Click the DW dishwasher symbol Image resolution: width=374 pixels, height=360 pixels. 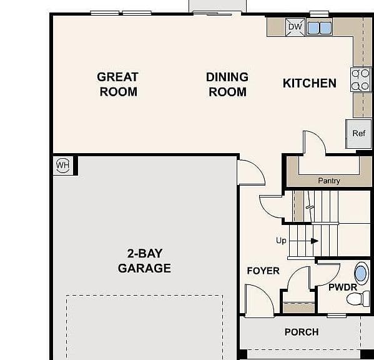point(295,27)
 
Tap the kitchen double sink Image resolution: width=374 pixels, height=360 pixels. point(320,28)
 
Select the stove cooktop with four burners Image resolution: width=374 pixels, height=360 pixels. point(360,79)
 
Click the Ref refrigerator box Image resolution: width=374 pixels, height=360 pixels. point(359,134)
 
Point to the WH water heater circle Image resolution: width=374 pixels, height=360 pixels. point(62,165)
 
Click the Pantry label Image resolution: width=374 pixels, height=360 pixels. point(329,181)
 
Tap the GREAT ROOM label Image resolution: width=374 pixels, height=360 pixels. point(118,84)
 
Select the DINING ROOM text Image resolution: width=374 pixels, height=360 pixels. point(227,84)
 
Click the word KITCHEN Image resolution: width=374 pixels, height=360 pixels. point(310,83)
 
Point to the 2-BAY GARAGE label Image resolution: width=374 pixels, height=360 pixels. point(145,261)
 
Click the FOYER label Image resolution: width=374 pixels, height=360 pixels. point(263,271)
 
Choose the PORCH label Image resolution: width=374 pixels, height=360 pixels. point(302,332)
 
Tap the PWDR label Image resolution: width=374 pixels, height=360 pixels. point(343,287)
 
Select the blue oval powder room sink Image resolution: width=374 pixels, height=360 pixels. point(361,274)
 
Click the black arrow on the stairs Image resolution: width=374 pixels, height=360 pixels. point(315,241)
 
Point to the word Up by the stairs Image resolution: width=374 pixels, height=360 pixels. point(281,241)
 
